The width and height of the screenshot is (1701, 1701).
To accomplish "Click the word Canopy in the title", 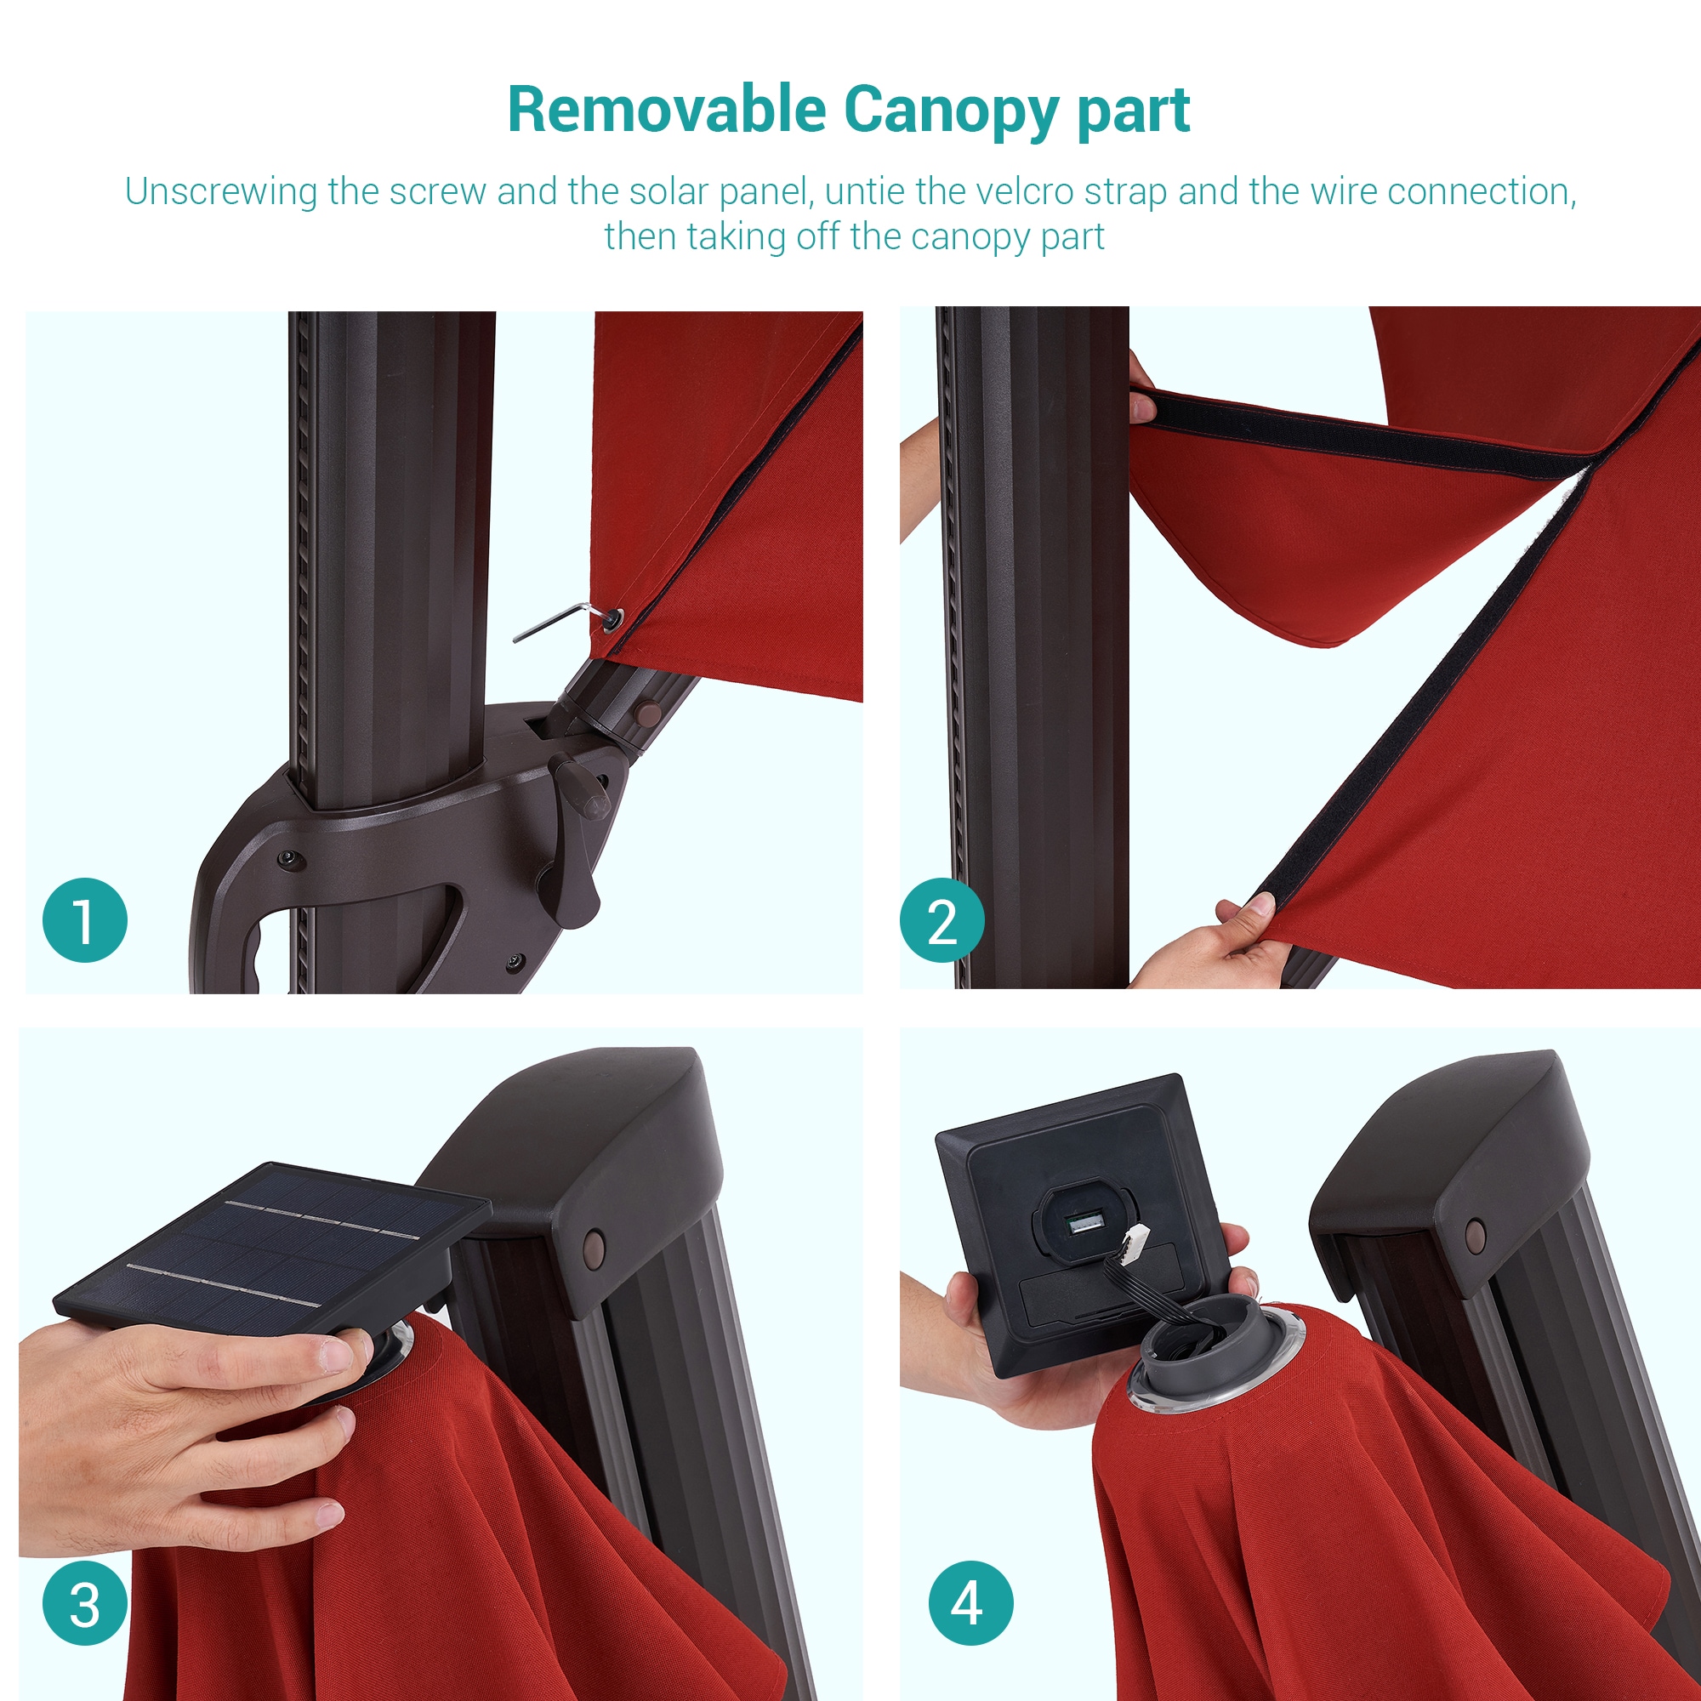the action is [x=951, y=111].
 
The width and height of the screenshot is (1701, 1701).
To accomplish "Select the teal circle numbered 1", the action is [x=84, y=920].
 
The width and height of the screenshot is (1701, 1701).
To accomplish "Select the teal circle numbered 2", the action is [x=942, y=920].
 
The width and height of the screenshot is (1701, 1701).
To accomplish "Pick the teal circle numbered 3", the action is [x=84, y=1603].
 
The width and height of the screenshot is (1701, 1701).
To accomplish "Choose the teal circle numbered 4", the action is [x=971, y=1603].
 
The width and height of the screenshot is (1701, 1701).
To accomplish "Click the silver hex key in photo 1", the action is [x=564, y=620].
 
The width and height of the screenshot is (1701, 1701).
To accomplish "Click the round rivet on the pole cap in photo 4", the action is [x=1475, y=1235].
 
